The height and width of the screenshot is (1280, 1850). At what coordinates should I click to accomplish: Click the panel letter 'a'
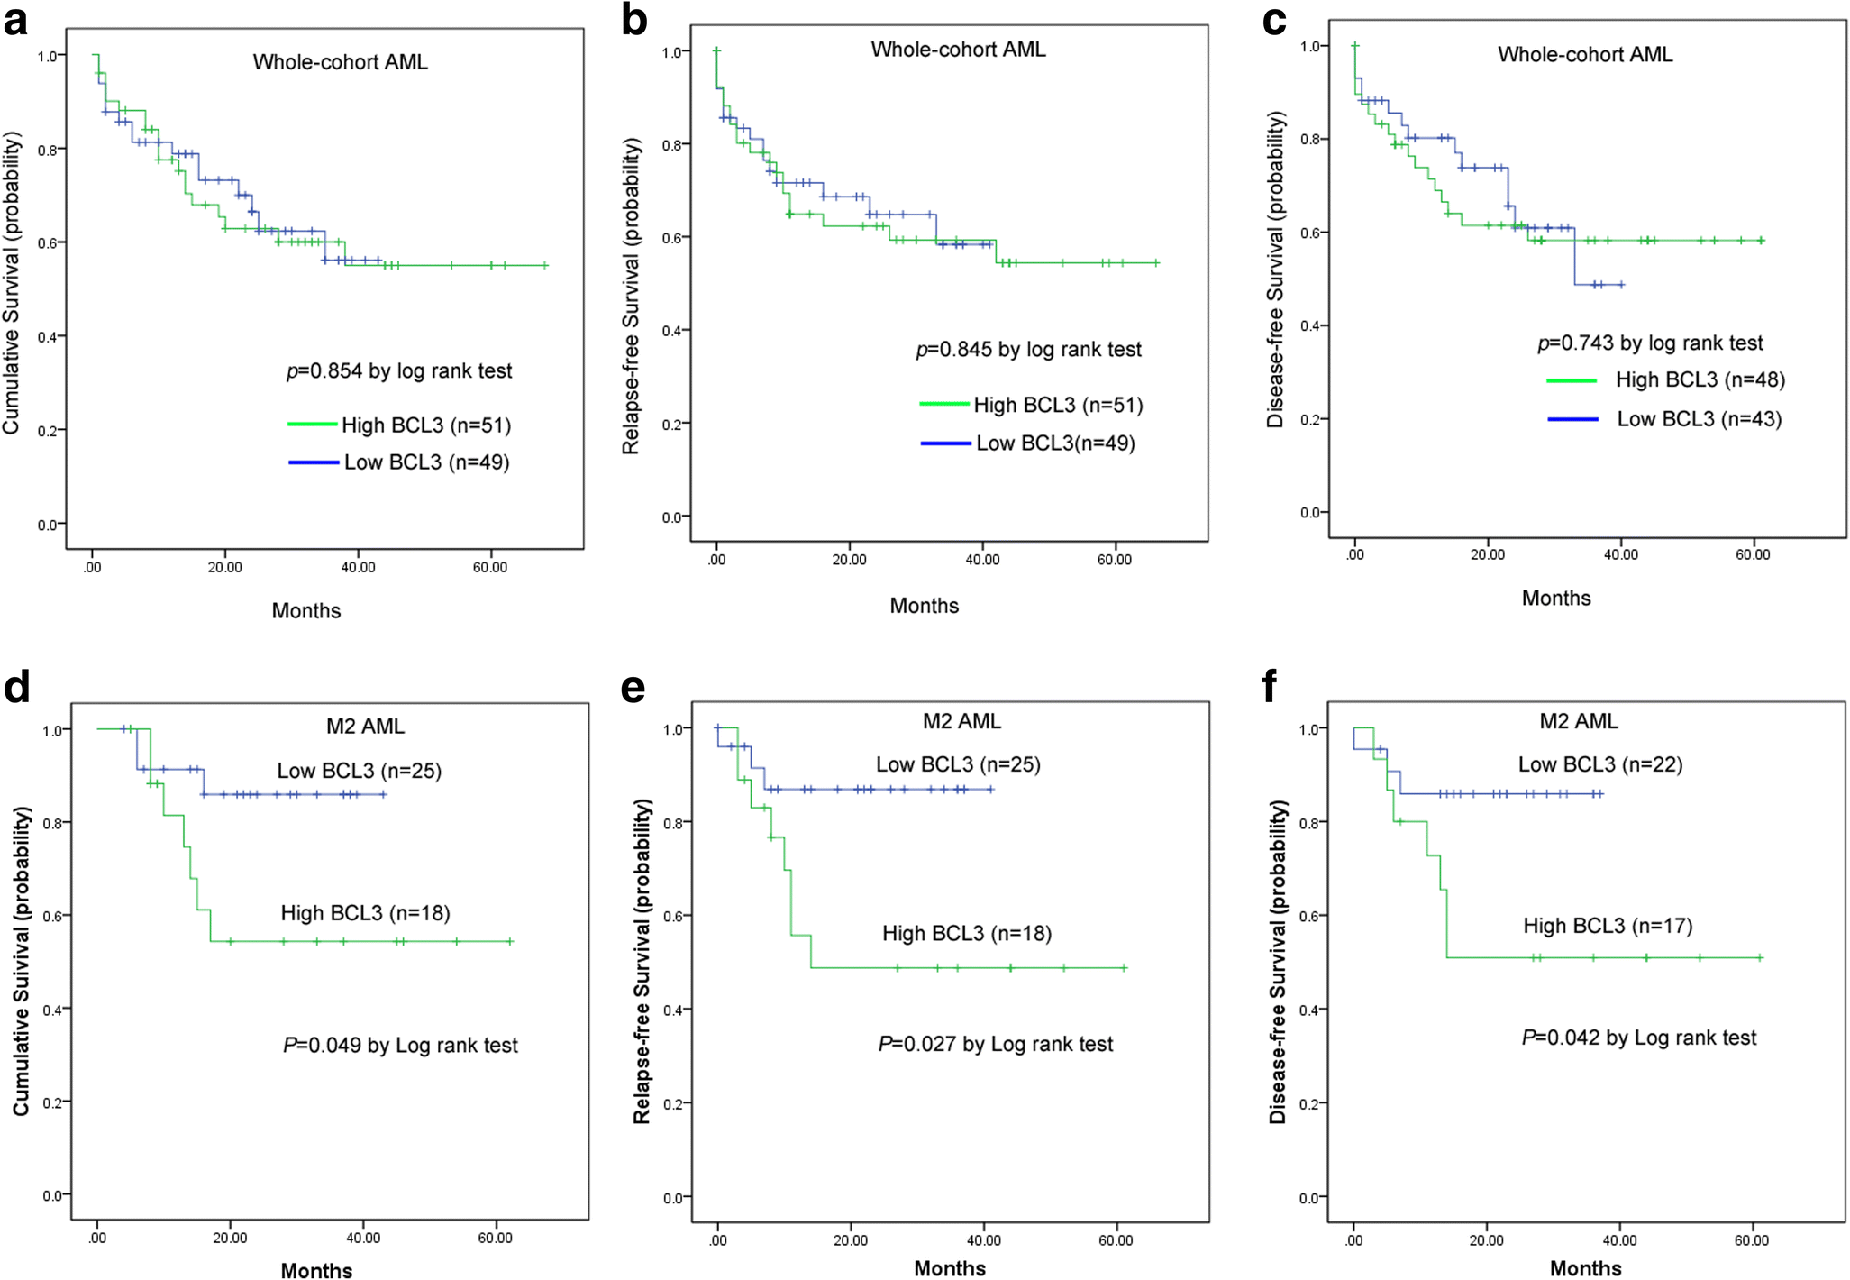tap(15, 22)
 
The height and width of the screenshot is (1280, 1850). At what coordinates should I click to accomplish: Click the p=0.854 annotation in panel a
tap(399, 371)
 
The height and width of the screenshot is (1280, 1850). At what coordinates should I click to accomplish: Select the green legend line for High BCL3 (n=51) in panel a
tap(313, 424)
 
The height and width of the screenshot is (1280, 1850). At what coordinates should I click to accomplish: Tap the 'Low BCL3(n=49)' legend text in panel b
tap(1055, 443)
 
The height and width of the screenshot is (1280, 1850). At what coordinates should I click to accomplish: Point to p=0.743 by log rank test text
tap(1649, 343)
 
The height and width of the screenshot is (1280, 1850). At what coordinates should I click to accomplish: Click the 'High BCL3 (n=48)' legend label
tap(1700, 380)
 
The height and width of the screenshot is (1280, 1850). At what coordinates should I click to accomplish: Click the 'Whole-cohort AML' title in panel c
tap(1584, 55)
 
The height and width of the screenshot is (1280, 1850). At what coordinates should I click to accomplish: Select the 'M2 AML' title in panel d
tap(365, 727)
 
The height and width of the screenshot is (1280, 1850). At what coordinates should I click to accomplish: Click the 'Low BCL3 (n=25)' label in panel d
tap(359, 771)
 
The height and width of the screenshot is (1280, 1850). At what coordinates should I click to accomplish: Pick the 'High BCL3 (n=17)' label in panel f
tap(1608, 926)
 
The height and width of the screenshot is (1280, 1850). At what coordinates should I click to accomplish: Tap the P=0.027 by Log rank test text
tap(996, 1044)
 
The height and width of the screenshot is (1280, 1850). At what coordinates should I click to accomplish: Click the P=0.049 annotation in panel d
tap(400, 1046)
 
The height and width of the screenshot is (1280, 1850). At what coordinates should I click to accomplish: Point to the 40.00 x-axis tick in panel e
tap(983, 1240)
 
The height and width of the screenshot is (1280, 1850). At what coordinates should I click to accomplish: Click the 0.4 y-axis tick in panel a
tap(49, 337)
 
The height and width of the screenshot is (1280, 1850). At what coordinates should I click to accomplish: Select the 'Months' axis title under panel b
tap(924, 606)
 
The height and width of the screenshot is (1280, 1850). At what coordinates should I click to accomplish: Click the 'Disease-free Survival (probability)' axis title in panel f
tap(1277, 962)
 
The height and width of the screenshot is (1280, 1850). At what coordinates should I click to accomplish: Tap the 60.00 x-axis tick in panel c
tap(1753, 555)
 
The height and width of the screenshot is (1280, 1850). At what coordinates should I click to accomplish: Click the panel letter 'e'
tap(633, 688)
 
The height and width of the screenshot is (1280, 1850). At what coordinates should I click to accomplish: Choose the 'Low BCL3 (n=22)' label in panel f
tap(1599, 765)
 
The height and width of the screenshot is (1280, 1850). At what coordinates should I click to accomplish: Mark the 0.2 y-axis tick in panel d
tap(52, 1102)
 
